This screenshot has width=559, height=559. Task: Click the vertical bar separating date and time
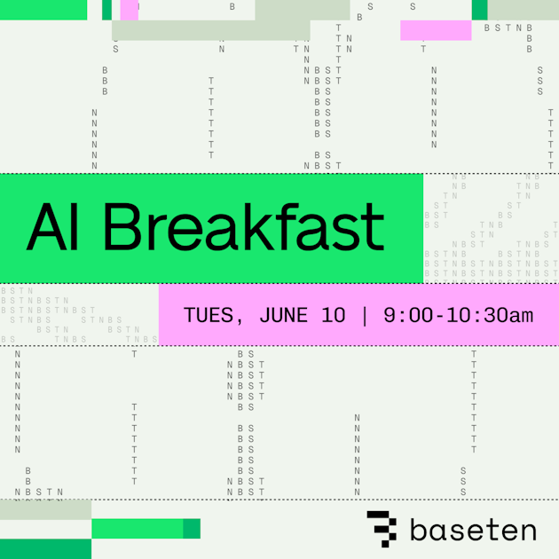(364, 315)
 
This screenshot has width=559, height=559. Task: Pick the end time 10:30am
(484, 315)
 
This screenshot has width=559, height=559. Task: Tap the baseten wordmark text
(473, 531)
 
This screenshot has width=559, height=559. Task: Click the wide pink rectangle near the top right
(436, 30)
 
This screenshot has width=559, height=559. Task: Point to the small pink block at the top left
(130, 10)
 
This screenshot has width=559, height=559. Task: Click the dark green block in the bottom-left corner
(45, 548)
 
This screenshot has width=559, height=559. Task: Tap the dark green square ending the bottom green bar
(192, 529)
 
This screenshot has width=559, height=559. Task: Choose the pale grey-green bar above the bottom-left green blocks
(45, 509)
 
